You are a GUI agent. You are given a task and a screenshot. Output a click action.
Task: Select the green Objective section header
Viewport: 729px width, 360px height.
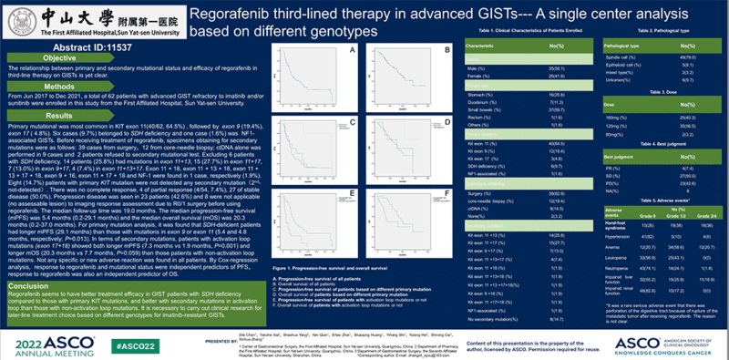click(x=60, y=58)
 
